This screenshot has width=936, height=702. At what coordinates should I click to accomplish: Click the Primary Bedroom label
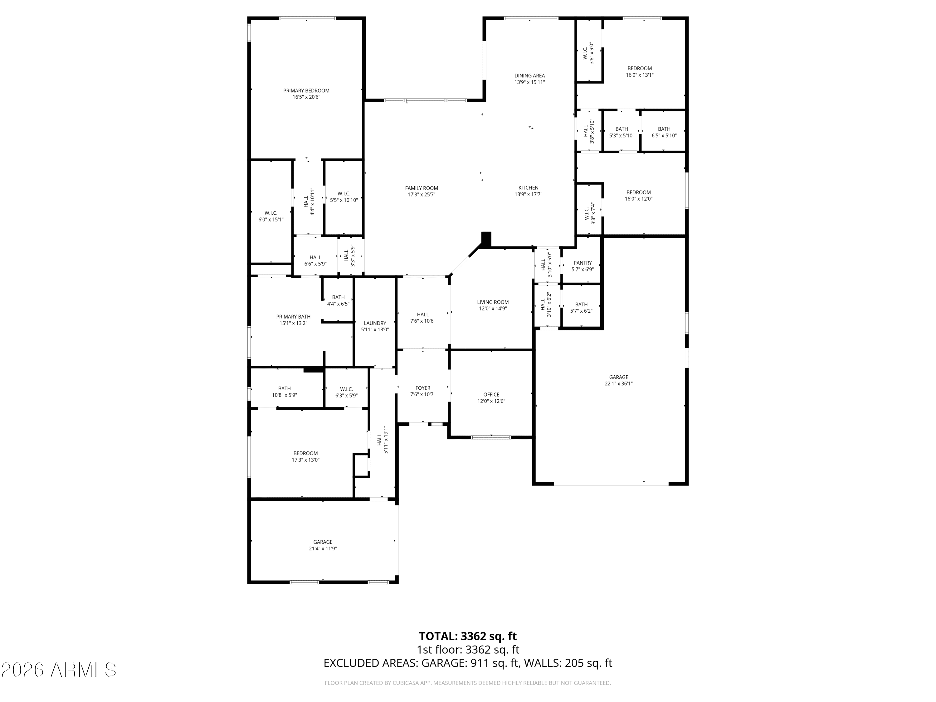(x=306, y=90)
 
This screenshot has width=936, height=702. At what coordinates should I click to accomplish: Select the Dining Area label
(x=529, y=76)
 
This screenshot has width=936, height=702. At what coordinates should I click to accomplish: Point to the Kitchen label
(x=528, y=188)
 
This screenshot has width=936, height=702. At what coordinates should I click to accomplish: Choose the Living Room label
(x=493, y=302)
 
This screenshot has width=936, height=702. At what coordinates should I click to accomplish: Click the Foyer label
(x=422, y=388)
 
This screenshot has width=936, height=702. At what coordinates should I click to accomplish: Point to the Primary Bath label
(x=293, y=316)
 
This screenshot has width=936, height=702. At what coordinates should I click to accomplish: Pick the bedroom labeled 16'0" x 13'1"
(x=639, y=71)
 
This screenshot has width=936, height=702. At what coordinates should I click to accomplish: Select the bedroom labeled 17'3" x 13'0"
(x=305, y=456)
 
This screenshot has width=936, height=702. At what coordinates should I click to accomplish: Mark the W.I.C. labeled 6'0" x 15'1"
(x=271, y=216)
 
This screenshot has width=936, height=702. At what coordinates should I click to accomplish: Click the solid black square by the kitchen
(x=486, y=238)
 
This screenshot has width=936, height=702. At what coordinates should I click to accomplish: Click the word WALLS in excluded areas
(x=542, y=663)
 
